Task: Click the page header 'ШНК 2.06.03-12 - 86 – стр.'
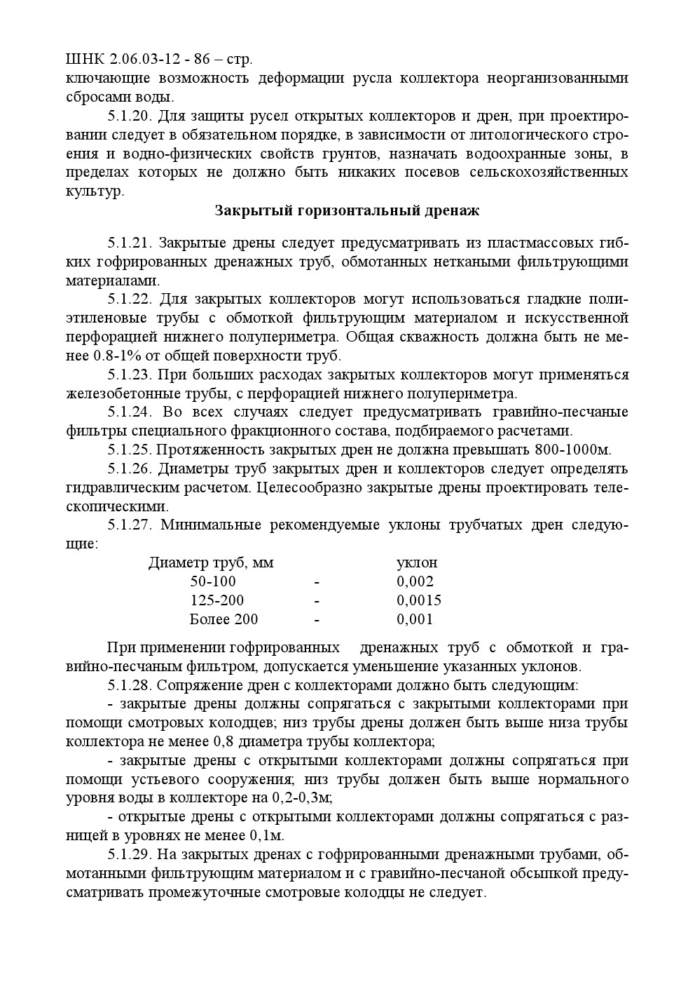[x=159, y=60]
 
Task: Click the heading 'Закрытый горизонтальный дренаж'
[x=347, y=210]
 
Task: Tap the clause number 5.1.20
[x=130, y=116]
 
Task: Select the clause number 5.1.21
[x=130, y=243]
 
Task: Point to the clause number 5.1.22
[x=130, y=299]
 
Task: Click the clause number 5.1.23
[x=130, y=375]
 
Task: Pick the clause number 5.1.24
[x=130, y=412]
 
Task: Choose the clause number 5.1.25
[x=130, y=450]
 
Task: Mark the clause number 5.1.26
[x=130, y=469]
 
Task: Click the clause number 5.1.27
[x=130, y=525]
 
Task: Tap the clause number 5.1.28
[x=130, y=685]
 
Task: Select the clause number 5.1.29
[x=130, y=854]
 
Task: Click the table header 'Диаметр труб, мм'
[x=211, y=562]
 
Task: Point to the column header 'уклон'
[x=417, y=562]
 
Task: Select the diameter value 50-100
[x=213, y=581]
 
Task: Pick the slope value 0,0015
[x=419, y=600]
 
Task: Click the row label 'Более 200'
[x=223, y=619]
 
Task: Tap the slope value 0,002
[x=415, y=581]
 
